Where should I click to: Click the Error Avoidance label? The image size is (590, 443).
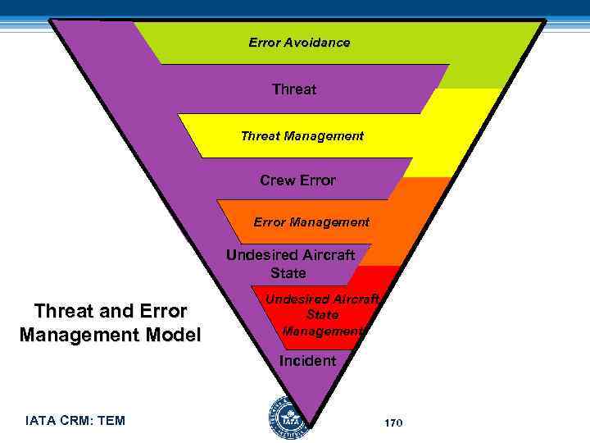tap(299, 42)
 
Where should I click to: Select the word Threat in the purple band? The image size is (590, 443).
tap(294, 89)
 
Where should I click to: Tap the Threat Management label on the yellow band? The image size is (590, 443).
tap(302, 135)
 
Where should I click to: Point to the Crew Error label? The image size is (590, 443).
tap(297, 180)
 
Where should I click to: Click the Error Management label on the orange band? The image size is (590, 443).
tap(311, 221)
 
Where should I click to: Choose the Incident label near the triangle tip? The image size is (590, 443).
tap(307, 360)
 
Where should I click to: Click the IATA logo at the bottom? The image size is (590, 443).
tap(288, 418)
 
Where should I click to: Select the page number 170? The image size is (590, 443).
tap(393, 422)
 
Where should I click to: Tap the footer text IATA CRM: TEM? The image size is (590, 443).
tap(75, 421)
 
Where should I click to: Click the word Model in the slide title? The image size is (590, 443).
tap(172, 335)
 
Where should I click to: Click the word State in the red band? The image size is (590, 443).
tap(322, 315)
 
